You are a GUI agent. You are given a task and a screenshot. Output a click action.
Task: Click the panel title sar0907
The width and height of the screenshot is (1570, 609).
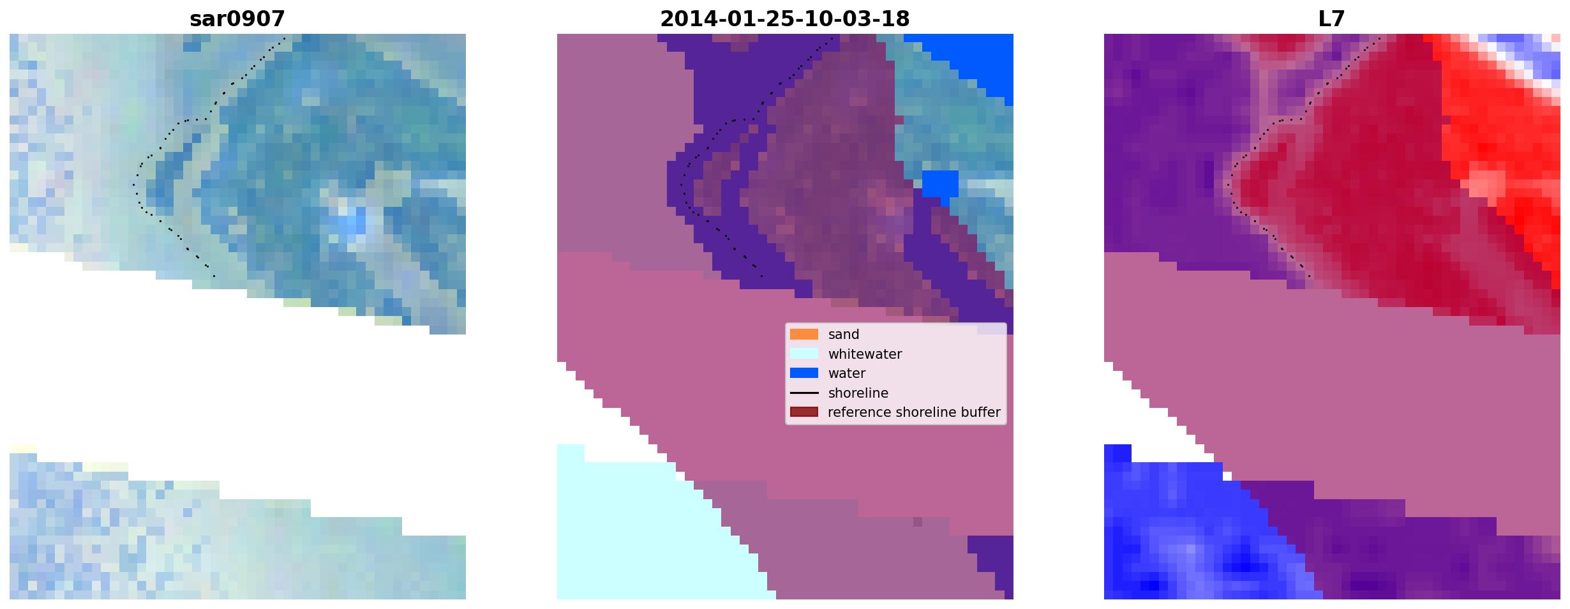tap(237, 19)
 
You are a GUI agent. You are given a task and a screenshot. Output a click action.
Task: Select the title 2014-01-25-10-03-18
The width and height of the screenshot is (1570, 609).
tap(784, 19)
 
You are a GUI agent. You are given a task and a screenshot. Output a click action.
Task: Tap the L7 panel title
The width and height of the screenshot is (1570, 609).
tap(1331, 19)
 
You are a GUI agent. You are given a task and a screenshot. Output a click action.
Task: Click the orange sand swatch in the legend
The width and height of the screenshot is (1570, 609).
tap(804, 335)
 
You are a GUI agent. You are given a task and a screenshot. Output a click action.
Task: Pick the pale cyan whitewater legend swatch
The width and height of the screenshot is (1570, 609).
tap(804, 354)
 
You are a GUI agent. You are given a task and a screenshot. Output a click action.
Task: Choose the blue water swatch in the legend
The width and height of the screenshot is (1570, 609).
tap(804, 373)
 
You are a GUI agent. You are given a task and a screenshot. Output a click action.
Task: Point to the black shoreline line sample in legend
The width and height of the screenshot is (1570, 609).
tap(804, 393)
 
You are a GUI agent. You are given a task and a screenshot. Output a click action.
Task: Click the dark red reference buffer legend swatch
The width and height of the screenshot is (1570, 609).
tap(804, 412)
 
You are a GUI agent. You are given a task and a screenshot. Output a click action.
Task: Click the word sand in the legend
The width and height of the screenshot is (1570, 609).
tap(844, 335)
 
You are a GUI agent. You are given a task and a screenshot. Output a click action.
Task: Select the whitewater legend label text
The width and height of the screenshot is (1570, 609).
tap(865, 354)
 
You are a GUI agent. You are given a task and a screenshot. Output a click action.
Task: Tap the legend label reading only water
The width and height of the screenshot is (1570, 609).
tap(847, 373)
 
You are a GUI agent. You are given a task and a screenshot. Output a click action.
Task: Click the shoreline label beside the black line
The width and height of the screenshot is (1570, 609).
tap(858, 393)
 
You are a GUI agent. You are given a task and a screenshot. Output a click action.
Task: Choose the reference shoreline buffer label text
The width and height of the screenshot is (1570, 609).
tap(914, 412)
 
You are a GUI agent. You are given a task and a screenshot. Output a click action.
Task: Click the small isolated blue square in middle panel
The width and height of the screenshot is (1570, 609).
tap(940, 184)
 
